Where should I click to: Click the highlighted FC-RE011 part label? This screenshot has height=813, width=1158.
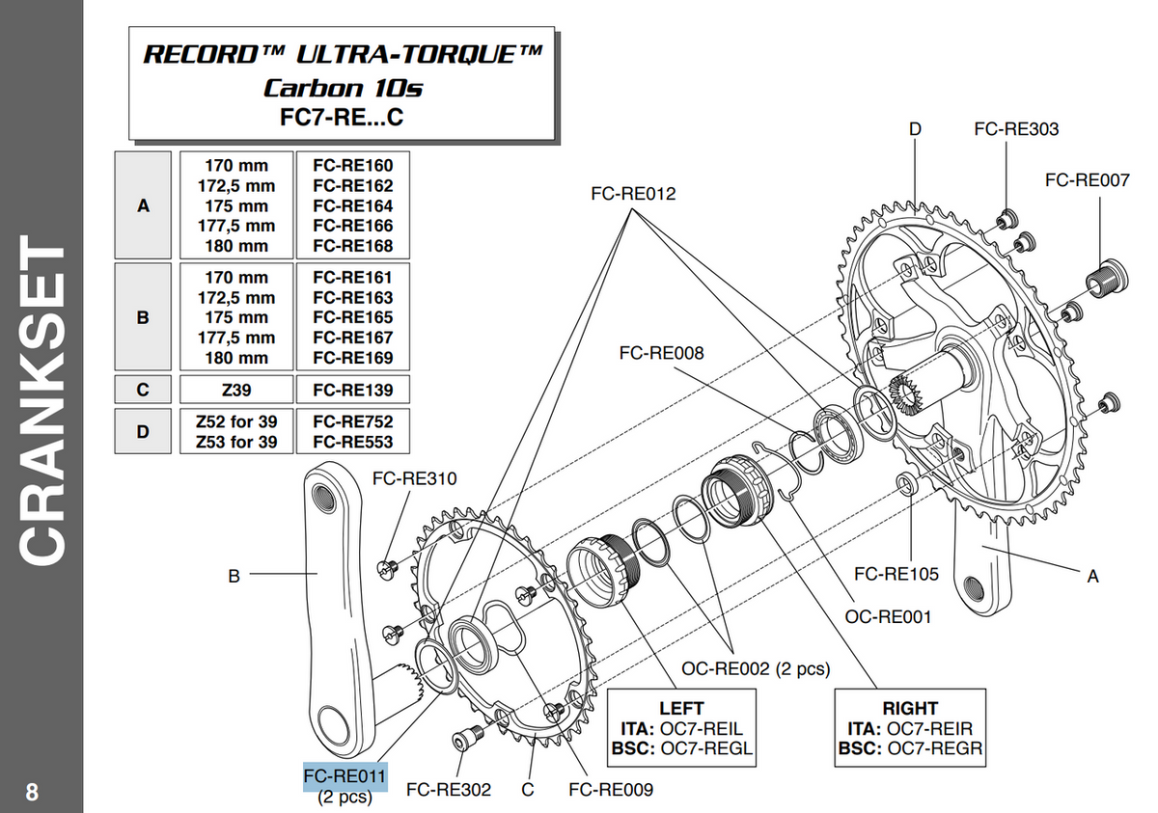pos(345,776)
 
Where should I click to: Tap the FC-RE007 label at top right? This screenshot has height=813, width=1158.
pos(1087,179)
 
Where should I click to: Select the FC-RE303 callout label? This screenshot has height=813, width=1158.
pos(1016,129)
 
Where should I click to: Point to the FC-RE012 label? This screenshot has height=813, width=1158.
pos(633,194)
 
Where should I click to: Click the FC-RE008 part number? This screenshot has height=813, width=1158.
pos(661,353)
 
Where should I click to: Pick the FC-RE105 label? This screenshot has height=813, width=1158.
pos(896,575)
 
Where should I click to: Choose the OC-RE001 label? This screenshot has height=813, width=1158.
pos(889,616)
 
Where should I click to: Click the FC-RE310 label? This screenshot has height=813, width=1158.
pos(415,478)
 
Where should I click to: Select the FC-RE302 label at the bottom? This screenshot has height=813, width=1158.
pos(449,790)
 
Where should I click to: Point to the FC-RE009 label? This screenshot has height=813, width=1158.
pos(611,790)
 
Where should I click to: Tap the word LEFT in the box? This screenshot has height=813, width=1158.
pos(681,708)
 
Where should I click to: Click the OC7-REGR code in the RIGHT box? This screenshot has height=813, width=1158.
pos(935,747)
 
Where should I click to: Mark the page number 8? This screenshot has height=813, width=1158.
pos(33,793)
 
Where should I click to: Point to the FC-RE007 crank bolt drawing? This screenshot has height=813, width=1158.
pos(1102,278)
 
